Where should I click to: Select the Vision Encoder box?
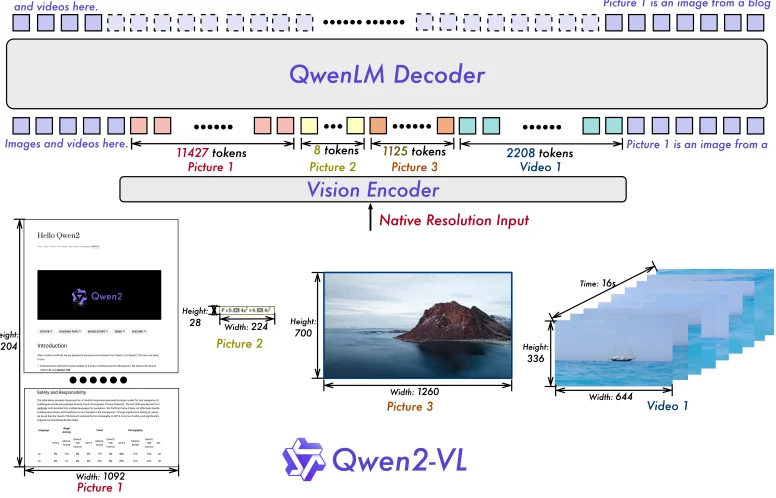373,190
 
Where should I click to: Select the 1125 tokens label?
413,152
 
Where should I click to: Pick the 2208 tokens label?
539,153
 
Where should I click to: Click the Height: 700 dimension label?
304,327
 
